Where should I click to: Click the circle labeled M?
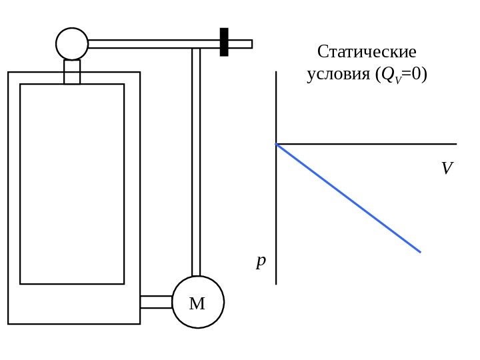tap(198, 302)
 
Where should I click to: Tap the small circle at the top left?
tap(72, 44)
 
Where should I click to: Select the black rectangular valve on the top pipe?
tap(224, 42)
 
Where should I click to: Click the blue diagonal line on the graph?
tap(349, 198)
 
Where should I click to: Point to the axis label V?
tap(447, 169)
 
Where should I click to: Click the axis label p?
tap(261, 260)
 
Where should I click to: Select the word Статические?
tap(367, 52)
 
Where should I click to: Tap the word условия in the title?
tap(337, 75)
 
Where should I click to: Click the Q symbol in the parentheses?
tap(385, 75)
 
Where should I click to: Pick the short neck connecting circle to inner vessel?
tap(72, 72)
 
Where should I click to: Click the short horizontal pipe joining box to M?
tap(156, 302)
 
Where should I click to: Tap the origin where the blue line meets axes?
tap(277, 144)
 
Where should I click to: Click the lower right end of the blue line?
tap(420, 252)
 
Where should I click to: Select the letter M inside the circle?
tap(197, 305)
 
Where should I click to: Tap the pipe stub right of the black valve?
tap(240, 44)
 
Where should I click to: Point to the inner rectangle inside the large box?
tap(72, 184)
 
